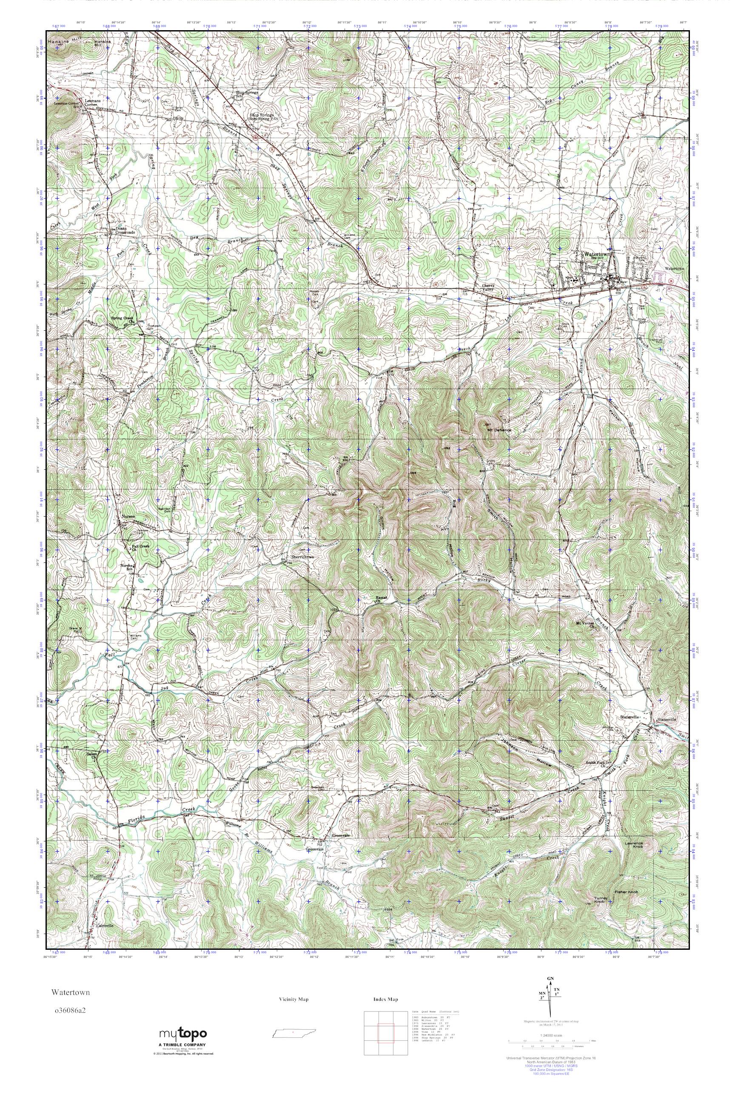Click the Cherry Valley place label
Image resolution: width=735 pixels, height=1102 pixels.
point(489,288)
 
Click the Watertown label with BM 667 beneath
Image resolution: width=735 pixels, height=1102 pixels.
point(597,254)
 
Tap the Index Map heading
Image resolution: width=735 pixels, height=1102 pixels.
point(385,1009)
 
